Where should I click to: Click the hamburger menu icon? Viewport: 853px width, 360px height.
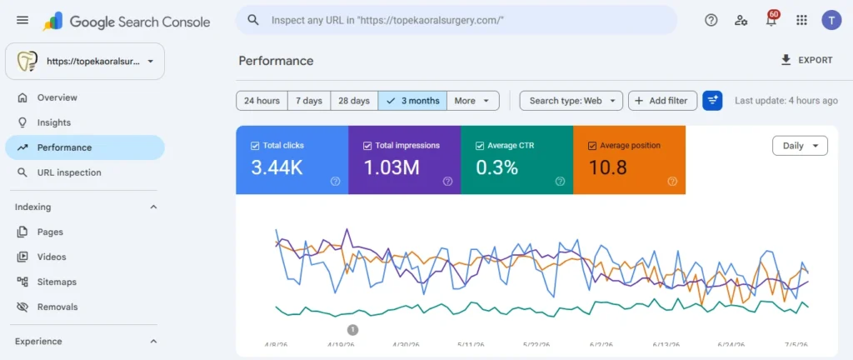tap(22, 20)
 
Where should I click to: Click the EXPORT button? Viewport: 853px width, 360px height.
tap(806, 60)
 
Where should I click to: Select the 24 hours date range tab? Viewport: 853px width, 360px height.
tap(262, 101)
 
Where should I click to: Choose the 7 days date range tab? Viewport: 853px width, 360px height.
tap(309, 101)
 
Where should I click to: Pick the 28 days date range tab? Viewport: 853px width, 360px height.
tap(354, 101)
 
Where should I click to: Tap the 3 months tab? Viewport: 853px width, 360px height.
tap(412, 101)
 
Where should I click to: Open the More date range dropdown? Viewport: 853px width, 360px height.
tap(473, 101)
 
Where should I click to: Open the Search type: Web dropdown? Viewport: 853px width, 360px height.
tap(571, 101)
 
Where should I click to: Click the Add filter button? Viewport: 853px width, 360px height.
tap(662, 101)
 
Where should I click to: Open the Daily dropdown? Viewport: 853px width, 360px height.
tap(801, 146)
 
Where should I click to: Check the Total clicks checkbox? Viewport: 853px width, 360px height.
tap(255, 146)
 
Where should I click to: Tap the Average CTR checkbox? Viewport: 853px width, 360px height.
tap(479, 146)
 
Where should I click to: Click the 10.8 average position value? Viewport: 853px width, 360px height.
tap(607, 167)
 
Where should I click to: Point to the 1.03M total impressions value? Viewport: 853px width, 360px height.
tap(392, 167)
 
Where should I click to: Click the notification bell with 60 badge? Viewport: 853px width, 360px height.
tap(771, 20)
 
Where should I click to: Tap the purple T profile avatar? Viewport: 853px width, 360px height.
tap(831, 20)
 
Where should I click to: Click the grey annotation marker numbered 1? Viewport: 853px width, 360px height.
tap(352, 329)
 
